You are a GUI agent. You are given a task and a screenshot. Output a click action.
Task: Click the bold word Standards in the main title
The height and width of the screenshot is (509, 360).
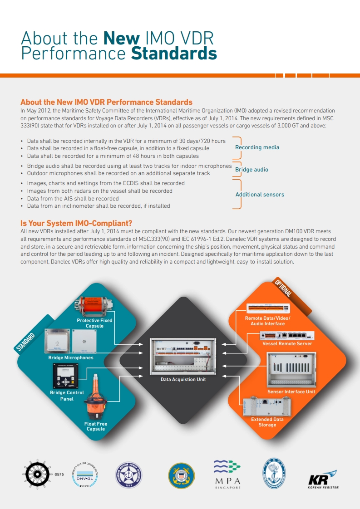(174, 54)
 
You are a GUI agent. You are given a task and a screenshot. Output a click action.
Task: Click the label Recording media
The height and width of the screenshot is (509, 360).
(257, 147)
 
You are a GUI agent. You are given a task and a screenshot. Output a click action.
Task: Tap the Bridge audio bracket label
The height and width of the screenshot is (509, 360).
(252, 170)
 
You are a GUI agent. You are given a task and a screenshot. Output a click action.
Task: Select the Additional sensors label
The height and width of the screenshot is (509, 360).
(260, 195)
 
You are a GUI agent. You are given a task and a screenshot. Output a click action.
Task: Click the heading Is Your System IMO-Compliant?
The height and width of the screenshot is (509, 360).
(76, 223)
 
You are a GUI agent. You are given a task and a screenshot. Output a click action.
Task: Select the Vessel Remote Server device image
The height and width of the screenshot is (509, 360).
(287, 336)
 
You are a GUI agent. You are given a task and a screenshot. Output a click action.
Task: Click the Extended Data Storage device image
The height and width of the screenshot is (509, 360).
(267, 406)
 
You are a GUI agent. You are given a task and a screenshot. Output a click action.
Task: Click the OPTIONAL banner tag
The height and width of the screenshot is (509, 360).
(284, 289)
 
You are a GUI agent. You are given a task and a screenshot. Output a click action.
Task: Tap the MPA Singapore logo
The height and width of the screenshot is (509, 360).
(227, 475)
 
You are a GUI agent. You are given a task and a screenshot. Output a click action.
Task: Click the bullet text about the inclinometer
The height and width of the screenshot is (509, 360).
(99, 206)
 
